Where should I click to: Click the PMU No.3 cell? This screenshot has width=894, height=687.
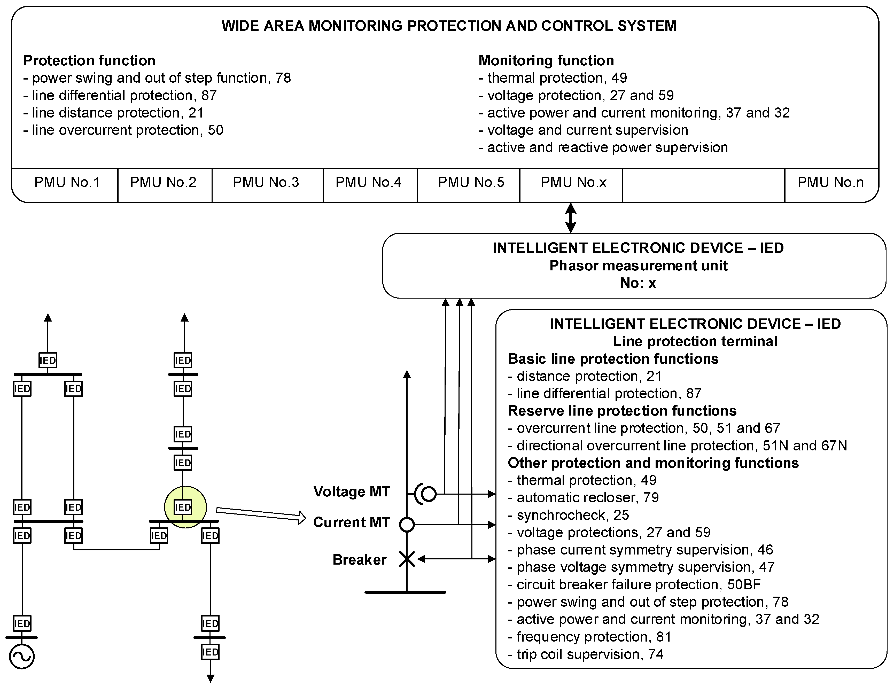[266, 182]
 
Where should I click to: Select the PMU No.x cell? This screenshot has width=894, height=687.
[573, 182]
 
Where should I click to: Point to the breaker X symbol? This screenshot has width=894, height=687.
[407, 559]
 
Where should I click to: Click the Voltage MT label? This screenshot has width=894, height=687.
[351, 491]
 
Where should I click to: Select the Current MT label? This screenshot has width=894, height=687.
[351, 522]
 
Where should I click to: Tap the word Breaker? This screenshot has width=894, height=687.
[359, 559]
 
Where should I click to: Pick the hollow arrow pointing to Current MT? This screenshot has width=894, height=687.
[261, 514]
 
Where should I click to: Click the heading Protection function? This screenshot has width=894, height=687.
[89, 60]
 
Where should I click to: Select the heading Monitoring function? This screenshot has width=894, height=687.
[546, 60]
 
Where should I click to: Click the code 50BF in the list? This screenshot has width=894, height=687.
[743, 585]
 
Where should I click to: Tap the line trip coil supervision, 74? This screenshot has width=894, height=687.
[586, 654]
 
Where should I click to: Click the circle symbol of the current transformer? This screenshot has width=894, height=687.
[407, 525]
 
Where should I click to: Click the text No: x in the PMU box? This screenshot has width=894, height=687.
[638, 283]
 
